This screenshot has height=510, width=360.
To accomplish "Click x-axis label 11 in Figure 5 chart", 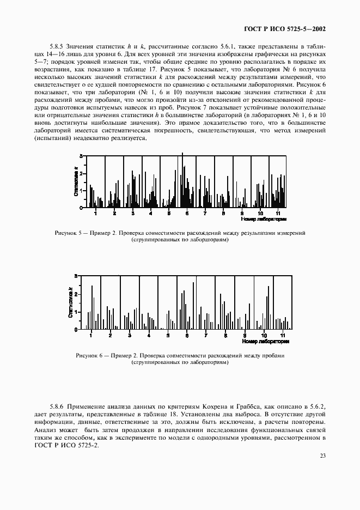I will coord(278,212).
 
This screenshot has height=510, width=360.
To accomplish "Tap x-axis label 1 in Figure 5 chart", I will coord(95,212).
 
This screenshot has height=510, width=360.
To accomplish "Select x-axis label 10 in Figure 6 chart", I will coord(264,335).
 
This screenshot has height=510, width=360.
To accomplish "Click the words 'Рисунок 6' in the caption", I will coord(90,355).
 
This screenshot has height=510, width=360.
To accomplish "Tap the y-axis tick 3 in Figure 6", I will coord(77,277).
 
